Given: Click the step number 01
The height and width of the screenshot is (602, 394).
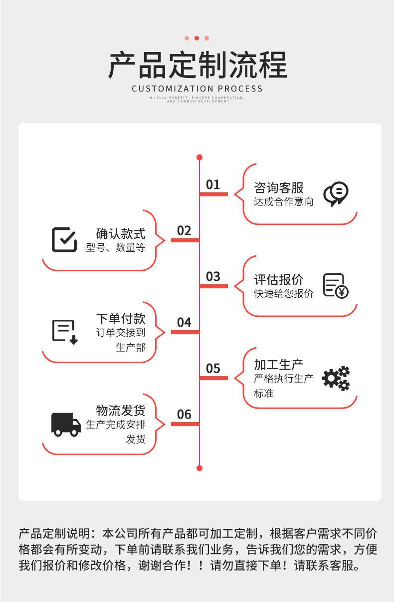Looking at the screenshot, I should click(x=213, y=184).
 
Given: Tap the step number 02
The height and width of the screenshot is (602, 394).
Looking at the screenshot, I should click(x=184, y=230).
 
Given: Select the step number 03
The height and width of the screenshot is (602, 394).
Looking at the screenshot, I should click(x=213, y=276).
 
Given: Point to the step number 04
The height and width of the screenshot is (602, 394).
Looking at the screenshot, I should click(x=184, y=322).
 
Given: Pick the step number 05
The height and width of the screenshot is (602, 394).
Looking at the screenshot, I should click(x=213, y=368).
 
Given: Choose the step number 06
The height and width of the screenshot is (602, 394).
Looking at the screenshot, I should click(x=184, y=414).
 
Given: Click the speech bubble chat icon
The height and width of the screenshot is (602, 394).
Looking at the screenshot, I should click(x=336, y=194).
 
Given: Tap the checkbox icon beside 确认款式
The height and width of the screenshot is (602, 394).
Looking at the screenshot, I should click(x=64, y=240).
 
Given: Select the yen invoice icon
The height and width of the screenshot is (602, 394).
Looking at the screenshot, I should click(x=336, y=286).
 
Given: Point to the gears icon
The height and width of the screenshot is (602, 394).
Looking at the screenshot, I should click(x=336, y=378).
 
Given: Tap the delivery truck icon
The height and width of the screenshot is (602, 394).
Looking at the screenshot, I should click(x=66, y=424).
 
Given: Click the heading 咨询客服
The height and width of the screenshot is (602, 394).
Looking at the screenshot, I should click(x=278, y=188).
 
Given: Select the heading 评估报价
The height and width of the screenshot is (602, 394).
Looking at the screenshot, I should click(x=278, y=280).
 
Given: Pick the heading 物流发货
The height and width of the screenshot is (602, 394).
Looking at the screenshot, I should click(x=121, y=411).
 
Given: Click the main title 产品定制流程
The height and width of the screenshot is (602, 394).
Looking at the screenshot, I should click(x=197, y=65).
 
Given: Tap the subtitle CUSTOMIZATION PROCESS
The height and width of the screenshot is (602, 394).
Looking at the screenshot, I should click(x=197, y=89).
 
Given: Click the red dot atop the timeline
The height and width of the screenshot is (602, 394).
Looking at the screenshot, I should click(x=199, y=157).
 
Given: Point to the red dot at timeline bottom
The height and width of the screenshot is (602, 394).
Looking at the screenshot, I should click(x=199, y=468).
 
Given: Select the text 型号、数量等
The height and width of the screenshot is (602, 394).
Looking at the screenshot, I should click(x=116, y=248).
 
